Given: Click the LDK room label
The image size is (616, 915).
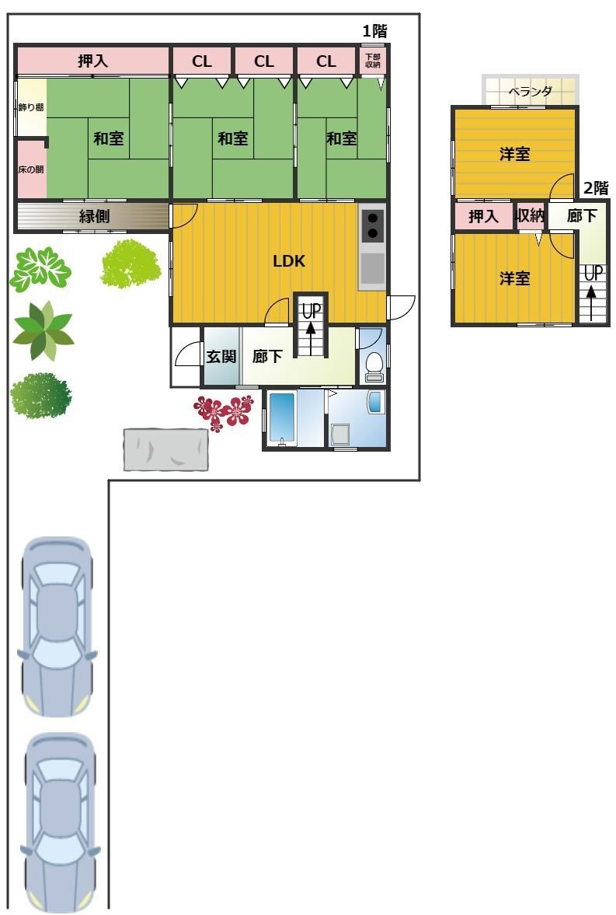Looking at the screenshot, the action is coord(289,261).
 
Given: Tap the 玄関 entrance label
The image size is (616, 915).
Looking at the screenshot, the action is coord(221,356).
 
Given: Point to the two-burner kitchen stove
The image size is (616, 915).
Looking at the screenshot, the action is coord(372,225).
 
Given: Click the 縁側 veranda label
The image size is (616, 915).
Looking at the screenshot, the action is coord(94,216).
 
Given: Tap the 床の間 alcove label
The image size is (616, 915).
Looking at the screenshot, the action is coord(31,169).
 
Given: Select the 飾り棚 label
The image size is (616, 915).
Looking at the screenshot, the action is coord(31,107).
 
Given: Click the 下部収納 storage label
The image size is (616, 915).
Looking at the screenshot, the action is coord(373,61).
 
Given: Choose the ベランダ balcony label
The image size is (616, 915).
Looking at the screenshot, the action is coord(530,92).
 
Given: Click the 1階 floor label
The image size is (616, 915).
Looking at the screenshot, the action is coord(374,31).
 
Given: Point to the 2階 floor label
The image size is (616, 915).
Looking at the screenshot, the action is coord(596,188).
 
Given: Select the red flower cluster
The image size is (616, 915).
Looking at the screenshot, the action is coord(224,411).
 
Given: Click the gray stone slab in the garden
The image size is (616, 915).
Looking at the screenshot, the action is coord(166,449).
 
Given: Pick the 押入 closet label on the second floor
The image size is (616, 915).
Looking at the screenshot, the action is coord(483,217).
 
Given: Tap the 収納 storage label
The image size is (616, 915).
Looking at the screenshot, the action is coord(531,216).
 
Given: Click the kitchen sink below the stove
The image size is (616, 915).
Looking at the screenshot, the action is coord(372,267).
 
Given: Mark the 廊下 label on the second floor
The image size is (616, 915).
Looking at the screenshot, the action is coord(582,216).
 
